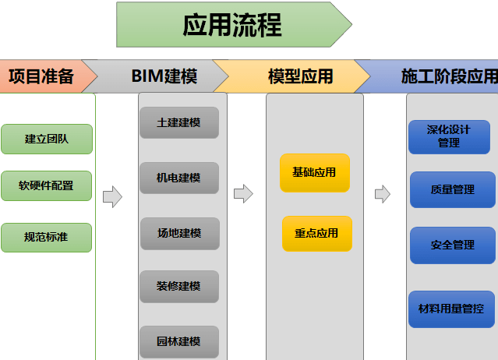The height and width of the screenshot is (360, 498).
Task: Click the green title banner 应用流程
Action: [232, 24]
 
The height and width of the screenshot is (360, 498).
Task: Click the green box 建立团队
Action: [47, 139]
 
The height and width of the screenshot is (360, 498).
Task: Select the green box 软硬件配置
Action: [47, 185]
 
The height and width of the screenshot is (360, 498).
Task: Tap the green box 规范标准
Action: [47, 237]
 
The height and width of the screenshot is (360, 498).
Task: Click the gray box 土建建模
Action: [179, 122]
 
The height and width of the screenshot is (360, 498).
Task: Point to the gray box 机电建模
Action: [179, 178]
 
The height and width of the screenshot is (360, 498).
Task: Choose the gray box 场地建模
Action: [179, 233]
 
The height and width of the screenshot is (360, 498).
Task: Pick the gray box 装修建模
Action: [179, 287]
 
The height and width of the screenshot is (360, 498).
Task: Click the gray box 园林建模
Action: [179, 341]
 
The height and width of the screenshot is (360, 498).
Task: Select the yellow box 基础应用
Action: [315, 172]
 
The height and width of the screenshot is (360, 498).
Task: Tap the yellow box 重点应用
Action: [316, 233]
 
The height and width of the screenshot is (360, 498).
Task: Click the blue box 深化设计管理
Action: [449, 136]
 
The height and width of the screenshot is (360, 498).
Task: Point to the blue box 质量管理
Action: [452, 189]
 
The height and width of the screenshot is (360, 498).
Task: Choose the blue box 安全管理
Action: [452, 245]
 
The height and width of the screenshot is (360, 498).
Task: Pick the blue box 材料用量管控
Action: [451, 309]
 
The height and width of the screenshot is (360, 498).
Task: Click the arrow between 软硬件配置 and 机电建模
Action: [112, 196]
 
